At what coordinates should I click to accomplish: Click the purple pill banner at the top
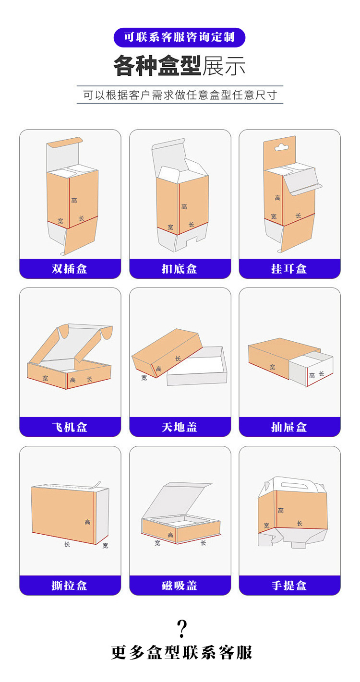180,37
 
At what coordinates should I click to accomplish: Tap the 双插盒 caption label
70,269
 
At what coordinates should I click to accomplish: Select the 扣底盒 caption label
180,269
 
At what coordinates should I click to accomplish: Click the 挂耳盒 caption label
289,269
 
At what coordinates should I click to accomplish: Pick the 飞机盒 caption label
70,427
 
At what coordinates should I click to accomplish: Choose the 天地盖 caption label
180,427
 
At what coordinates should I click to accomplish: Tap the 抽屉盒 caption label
289,427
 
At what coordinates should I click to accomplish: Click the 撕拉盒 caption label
70,586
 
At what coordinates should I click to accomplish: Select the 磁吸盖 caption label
180,586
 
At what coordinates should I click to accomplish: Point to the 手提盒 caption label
289,586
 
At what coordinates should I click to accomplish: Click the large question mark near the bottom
181,628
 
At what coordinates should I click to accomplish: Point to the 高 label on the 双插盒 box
74,200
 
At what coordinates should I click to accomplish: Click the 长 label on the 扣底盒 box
191,225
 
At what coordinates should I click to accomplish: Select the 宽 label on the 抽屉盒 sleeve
272,367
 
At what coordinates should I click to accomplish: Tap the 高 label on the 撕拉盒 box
87,522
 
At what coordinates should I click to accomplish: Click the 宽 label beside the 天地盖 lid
144,378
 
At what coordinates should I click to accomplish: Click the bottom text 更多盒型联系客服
181,653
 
